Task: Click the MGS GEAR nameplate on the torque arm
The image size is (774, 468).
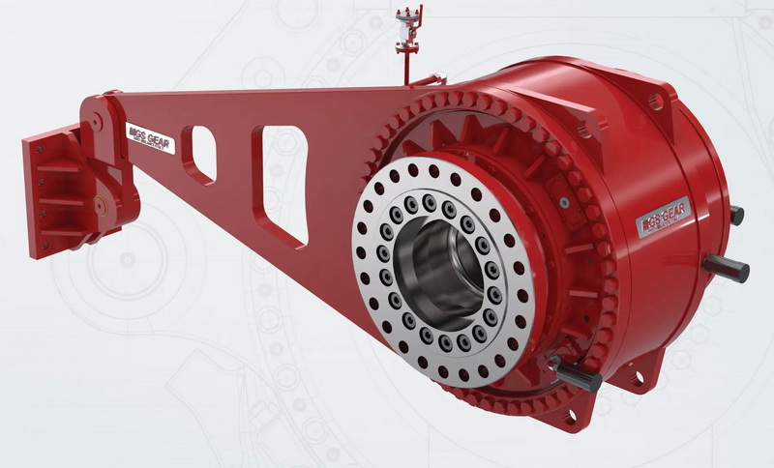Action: [151, 138]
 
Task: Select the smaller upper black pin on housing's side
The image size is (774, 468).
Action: [735, 215]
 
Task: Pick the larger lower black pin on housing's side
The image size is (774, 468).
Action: [726, 268]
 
